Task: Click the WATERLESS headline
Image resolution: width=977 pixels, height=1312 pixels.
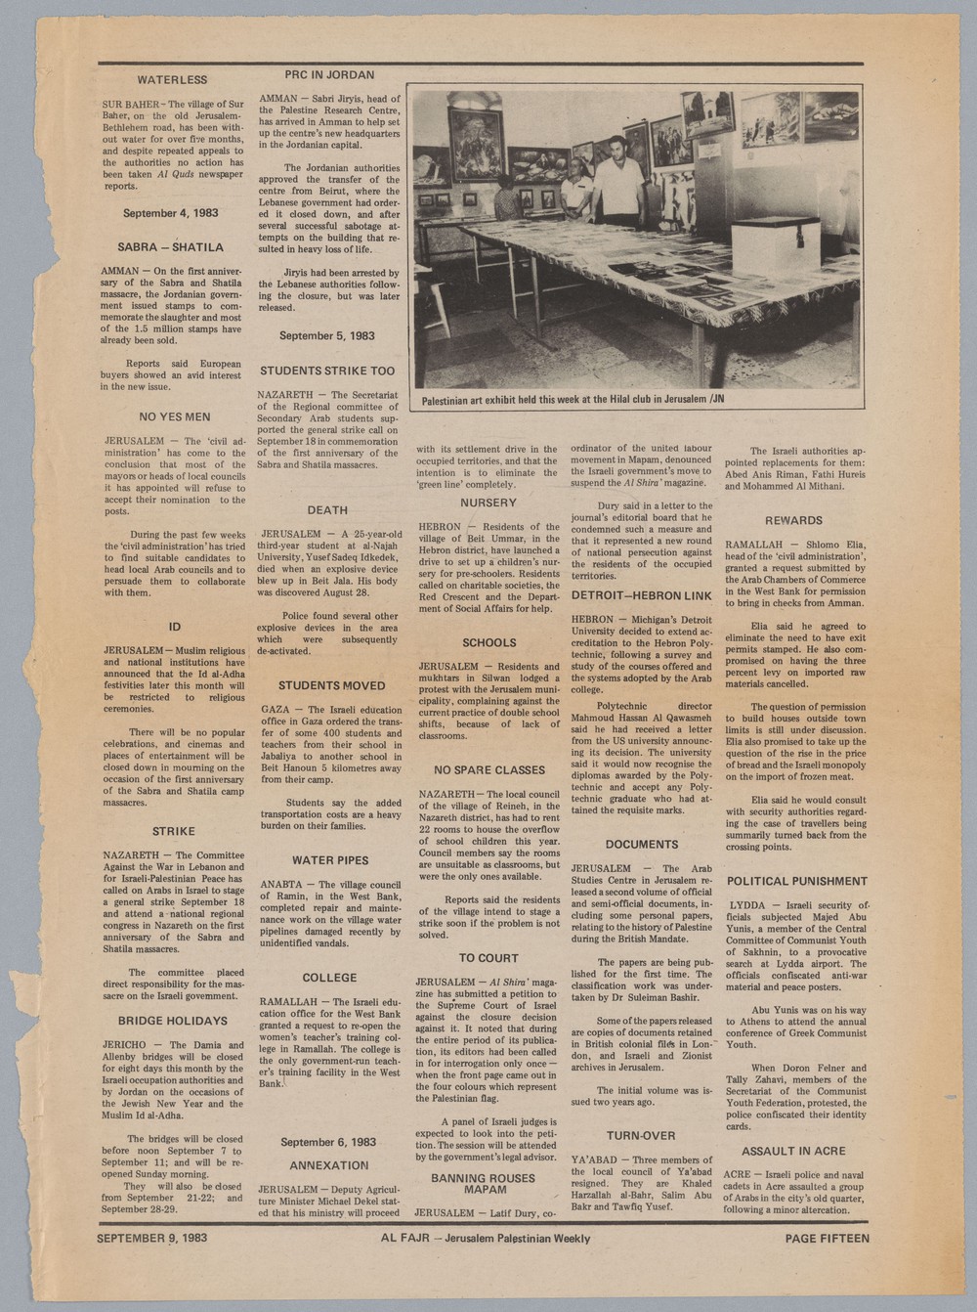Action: tap(172, 79)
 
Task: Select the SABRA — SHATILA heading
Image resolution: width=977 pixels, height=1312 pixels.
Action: tap(170, 247)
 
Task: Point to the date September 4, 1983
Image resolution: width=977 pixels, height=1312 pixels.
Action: tap(170, 212)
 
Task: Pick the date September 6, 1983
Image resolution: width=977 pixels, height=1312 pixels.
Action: tap(328, 1142)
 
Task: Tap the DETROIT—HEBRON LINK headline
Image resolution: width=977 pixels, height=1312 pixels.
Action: tap(641, 595)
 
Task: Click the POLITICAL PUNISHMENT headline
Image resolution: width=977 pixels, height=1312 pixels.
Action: tap(796, 881)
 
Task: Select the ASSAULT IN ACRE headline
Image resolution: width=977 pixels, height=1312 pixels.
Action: tap(793, 1151)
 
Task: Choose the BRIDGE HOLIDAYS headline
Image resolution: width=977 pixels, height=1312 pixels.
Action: tap(173, 1021)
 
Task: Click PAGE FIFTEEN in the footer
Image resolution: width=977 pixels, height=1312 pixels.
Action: tap(827, 1238)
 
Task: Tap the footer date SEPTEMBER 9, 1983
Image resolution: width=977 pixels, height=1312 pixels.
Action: tap(151, 1238)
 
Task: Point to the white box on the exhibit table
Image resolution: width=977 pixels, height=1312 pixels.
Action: tap(776, 245)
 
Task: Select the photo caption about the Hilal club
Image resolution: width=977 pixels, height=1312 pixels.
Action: tap(573, 399)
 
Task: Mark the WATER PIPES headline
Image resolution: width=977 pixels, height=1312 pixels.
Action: tap(330, 860)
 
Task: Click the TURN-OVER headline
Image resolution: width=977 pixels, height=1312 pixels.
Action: tap(641, 1135)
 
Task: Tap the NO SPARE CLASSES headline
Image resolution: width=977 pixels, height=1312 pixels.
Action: tap(489, 770)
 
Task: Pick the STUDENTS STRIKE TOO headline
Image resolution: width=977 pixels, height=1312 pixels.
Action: tap(327, 371)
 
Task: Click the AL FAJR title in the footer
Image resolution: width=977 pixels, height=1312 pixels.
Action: tap(402, 1238)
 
